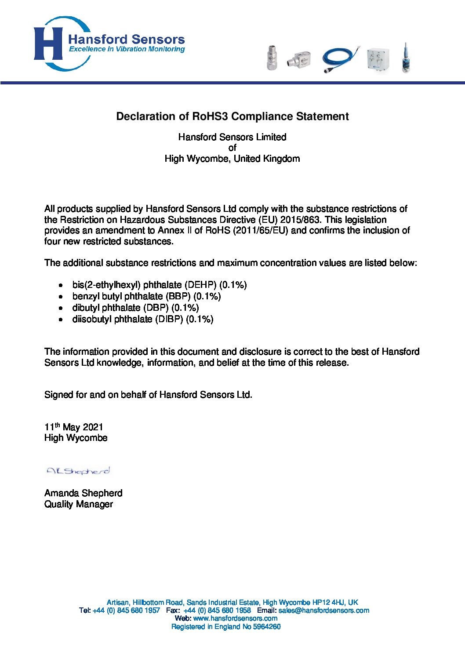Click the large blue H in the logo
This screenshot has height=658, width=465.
click(x=48, y=44)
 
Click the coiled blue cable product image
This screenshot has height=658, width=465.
click(x=340, y=59)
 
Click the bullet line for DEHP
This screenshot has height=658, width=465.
click(x=159, y=285)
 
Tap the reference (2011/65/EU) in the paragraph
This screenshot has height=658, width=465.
click(x=261, y=230)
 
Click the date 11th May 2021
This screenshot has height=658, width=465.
click(x=73, y=427)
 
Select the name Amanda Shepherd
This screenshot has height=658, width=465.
click(x=83, y=493)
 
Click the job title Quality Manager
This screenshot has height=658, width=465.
click(x=78, y=504)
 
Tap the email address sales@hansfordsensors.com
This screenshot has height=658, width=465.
click(x=323, y=611)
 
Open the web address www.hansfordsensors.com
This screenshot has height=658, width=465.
click(x=235, y=618)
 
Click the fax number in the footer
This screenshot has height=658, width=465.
click(x=217, y=611)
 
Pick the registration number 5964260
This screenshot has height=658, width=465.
click(x=267, y=627)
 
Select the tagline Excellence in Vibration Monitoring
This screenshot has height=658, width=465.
click(x=127, y=49)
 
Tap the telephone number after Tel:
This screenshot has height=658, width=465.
click(x=126, y=611)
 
